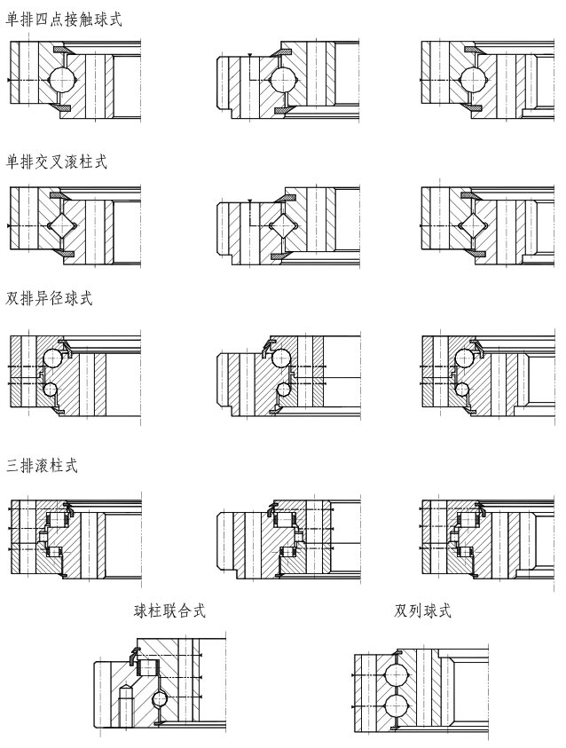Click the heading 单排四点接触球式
[x=64, y=20]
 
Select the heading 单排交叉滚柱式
[x=57, y=162]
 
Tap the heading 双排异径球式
[x=50, y=299]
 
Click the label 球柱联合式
[x=169, y=610]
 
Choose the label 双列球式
[x=423, y=610]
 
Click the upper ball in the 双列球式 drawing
[x=397, y=674]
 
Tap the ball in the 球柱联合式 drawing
[x=160, y=699]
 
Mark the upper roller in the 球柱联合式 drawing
[x=146, y=666]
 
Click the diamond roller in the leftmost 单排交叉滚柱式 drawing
[x=63, y=225]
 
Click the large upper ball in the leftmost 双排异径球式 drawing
[x=52, y=358]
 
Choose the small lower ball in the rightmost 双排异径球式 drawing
[x=461, y=388]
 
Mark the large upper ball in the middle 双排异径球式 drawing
[x=281, y=358]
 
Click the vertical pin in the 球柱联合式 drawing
[x=125, y=705]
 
